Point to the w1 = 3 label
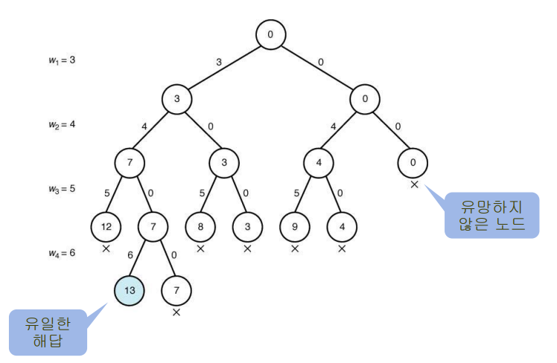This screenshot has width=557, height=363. pos(57,59)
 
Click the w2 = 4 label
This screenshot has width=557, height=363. pos(57,124)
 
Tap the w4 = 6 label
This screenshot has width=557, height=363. pos(57,254)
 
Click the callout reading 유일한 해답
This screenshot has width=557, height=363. pos(47,332)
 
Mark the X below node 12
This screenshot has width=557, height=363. pos(106,248)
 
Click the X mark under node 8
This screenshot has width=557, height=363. pos(200,248)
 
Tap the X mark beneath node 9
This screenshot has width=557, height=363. pos(295,248)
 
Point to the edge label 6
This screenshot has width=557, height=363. pos(131,254)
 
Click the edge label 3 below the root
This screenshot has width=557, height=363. pos(219,62)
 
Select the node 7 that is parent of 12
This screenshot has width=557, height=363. pos(130,162)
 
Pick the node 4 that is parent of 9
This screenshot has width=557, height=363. pos(319,162)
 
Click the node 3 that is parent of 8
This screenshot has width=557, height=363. pos(224,162)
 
